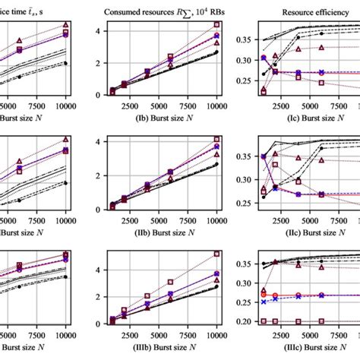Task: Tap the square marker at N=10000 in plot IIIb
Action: click(x=217, y=254)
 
